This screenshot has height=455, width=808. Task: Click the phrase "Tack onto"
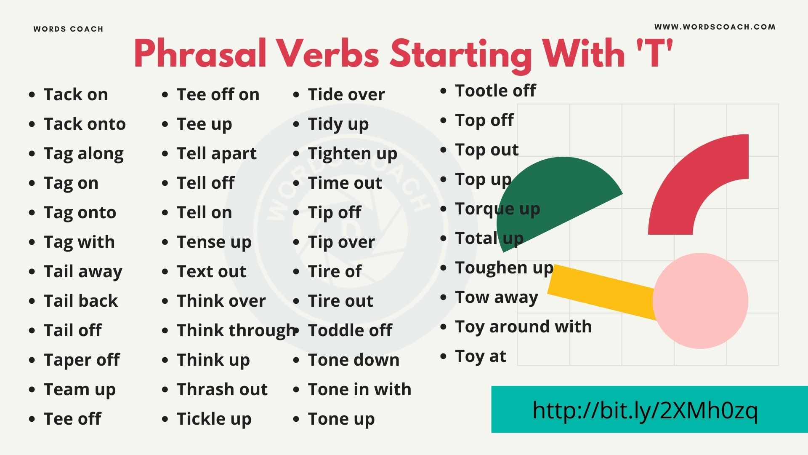click(x=85, y=124)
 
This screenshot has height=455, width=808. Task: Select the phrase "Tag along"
click(x=83, y=154)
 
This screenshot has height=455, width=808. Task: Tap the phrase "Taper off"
click(x=82, y=360)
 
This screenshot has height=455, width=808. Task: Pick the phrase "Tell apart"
click(x=216, y=154)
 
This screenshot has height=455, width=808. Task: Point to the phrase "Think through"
click(x=236, y=331)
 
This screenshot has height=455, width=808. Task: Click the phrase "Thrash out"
click(x=222, y=390)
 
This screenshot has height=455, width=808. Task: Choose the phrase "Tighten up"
click(x=352, y=154)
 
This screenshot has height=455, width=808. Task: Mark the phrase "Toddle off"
click(x=350, y=331)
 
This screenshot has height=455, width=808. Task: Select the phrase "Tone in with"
click(x=359, y=390)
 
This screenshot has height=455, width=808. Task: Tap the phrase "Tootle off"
click(x=495, y=91)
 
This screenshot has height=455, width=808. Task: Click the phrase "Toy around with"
click(x=523, y=327)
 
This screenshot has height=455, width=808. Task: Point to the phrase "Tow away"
click(x=496, y=297)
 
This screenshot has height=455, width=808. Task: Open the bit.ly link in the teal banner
click(x=645, y=410)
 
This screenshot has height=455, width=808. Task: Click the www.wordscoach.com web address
click(x=715, y=27)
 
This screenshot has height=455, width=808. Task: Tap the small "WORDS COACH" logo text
click(x=68, y=29)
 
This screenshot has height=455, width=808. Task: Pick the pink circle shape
click(x=700, y=301)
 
